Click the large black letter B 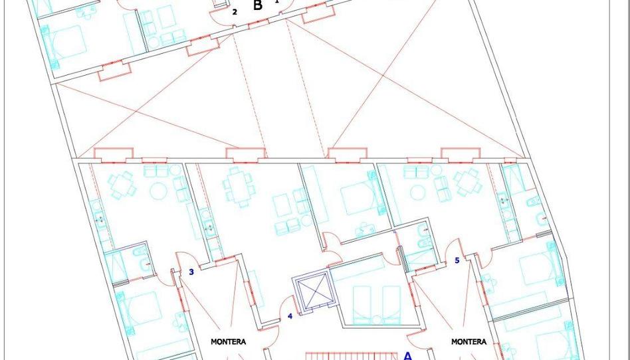tap(258, 5)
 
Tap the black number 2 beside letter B tap(235, 12)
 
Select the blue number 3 tap(191, 272)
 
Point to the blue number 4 tap(290, 316)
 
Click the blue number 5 tap(457, 260)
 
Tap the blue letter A tap(407, 355)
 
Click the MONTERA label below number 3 tap(228, 342)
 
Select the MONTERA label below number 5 tap(469, 342)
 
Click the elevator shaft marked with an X tap(312, 290)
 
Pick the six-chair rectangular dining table tap(239, 187)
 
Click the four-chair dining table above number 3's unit tap(122, 185)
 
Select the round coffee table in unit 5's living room tap(419, 192)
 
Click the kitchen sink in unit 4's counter tap(209, 228)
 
